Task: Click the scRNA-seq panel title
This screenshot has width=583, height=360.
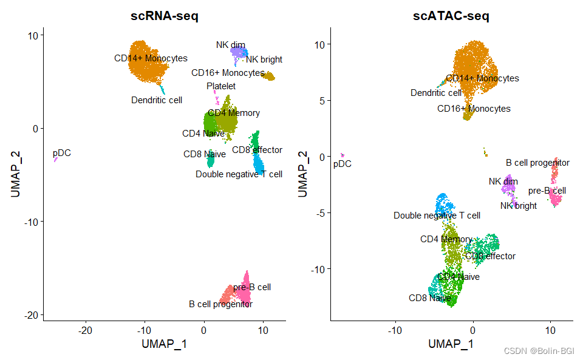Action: coord(164,17)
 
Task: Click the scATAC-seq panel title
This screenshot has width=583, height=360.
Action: coord(451,17)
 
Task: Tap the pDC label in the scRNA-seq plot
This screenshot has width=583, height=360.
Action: coord(61,153)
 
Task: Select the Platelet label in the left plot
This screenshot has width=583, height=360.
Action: coord(221,86)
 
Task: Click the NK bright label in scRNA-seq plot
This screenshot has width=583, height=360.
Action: coord(264,59)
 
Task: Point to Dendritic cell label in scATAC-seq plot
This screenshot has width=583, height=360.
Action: coord(436,93)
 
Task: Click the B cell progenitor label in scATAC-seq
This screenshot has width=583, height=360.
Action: coord(537,163)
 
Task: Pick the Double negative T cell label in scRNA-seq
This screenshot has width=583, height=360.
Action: coord(239,174)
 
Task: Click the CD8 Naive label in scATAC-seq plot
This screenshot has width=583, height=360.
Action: coord(430,298)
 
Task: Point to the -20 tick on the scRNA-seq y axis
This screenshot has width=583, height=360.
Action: coord(32,314)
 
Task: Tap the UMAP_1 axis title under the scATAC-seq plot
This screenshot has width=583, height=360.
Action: coord(451,344)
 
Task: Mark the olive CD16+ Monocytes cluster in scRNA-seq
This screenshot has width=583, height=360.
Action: coord(268,76)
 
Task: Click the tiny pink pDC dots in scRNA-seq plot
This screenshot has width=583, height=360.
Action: coord(55,160)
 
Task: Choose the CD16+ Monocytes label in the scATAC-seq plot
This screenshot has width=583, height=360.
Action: coord(474,109)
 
